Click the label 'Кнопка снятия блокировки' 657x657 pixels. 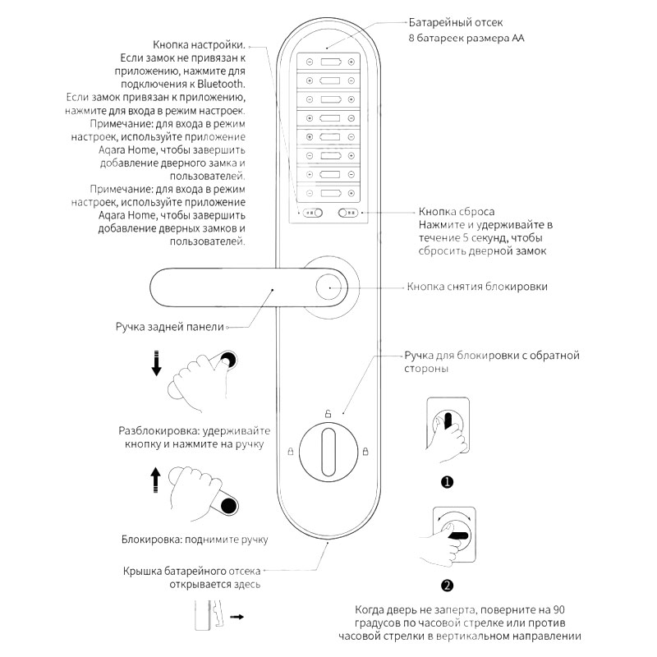click(477, 287)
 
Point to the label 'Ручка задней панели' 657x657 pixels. click(170, 326)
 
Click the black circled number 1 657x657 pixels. click(448, 482)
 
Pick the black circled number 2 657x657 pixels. click(448, 586)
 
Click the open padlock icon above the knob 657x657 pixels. click(328, 413)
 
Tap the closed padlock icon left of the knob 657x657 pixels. click(290, 451)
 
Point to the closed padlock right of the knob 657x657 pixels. click(365, 451)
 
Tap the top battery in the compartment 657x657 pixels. click(329, 62)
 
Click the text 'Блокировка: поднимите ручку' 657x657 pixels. click(195, 540)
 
